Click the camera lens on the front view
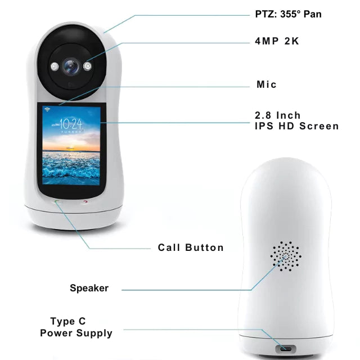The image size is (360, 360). tap(71, 67)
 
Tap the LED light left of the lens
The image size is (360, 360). tap(55, 66)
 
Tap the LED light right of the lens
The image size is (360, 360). tap(87, 66)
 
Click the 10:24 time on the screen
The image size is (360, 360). tap(70, 123)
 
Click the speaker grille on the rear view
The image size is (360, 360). tap(285, 256)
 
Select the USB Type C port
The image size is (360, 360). tap(285, 348)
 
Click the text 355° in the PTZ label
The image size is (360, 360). tap(291, 14)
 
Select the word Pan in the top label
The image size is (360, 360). tap(313, 14)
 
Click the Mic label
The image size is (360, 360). tap(267, 84)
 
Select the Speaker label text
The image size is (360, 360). tap(89, 288)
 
